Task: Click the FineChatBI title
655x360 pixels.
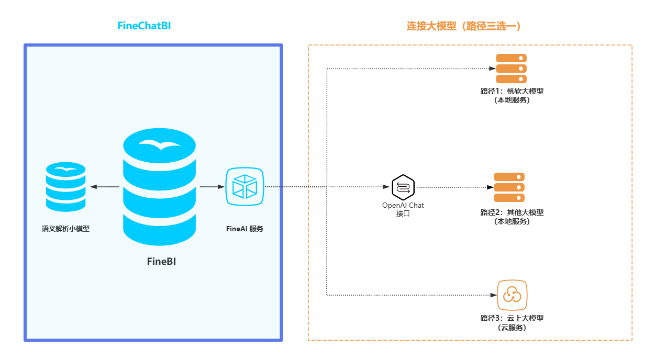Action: pyautogui.click(x=144, y=26)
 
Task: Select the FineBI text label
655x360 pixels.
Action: pyautogui.click(x=161, y=262)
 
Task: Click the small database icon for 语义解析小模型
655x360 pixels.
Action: pyautogui.click(x=65, y=187)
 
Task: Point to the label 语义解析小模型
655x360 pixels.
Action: pyautogui.click(x=65, y=229)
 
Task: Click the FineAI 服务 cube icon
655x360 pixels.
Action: pyautogui.click(x=245, y=187)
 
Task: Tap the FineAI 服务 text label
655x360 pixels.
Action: pyautogui.click(x=245, y=229)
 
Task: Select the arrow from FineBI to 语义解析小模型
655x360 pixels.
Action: pyautogui.click(x=105, y=187)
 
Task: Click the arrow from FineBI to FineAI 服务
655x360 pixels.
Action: pyautogui.click(x=212, y=187)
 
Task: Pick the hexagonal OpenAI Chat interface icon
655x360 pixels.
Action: pyautogui.click(x=403, y=187)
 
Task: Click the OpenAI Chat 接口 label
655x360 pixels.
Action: pyautogui.click(x=403, y=209)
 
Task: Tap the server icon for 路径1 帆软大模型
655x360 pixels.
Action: pyautogui.click(x=512, y=69)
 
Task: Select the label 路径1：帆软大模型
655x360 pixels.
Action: pyautogui.click(x=512, y=92)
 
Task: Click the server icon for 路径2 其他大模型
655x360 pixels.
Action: pyautogui.click(x=509, y=187)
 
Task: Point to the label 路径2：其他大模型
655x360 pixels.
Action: pyautogui.click(x=512, y=213)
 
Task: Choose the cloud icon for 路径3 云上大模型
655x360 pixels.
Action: pyautogui.click(x=512, y=295)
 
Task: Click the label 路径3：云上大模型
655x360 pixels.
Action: pyautogui.click(x=512, y=319)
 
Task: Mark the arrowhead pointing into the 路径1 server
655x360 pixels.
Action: pyautogui.click(x=492, y=69)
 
